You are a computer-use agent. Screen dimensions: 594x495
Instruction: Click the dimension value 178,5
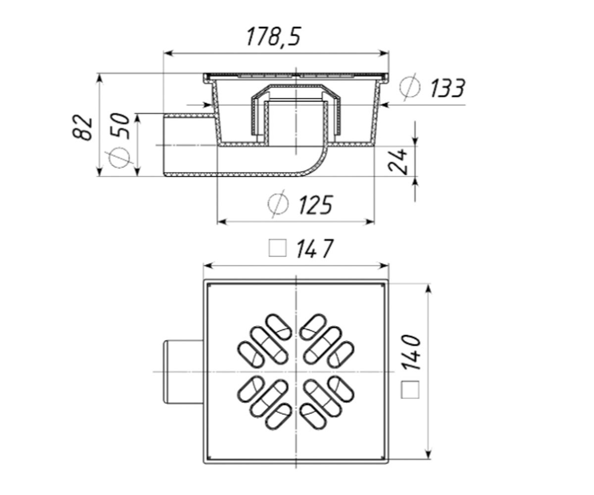pyautogui.click(x=273, y=37)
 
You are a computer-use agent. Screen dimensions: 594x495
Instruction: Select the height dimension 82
pyautogui.click(x=83, y=127)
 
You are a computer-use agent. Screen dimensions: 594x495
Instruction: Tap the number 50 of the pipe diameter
pyautogui.click(x=120, y=126)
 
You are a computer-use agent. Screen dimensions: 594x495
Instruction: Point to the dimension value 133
pyautogui.click(x=446, y=89)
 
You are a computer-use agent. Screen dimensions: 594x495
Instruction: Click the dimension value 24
pyautogui.click(x=398, y=161)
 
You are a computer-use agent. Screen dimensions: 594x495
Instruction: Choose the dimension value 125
pyautogui.click(x=315, y=205)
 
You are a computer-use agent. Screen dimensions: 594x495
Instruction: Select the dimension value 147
pyautogui.click(x=315, y=248)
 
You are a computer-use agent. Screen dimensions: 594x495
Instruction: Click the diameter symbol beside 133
pyautogui.click(x=410, y=87)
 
